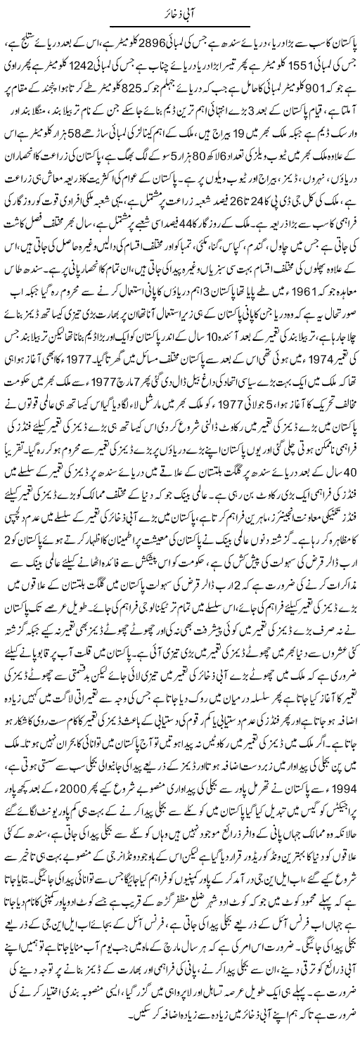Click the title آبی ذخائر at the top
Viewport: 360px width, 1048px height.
pos(179,10)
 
